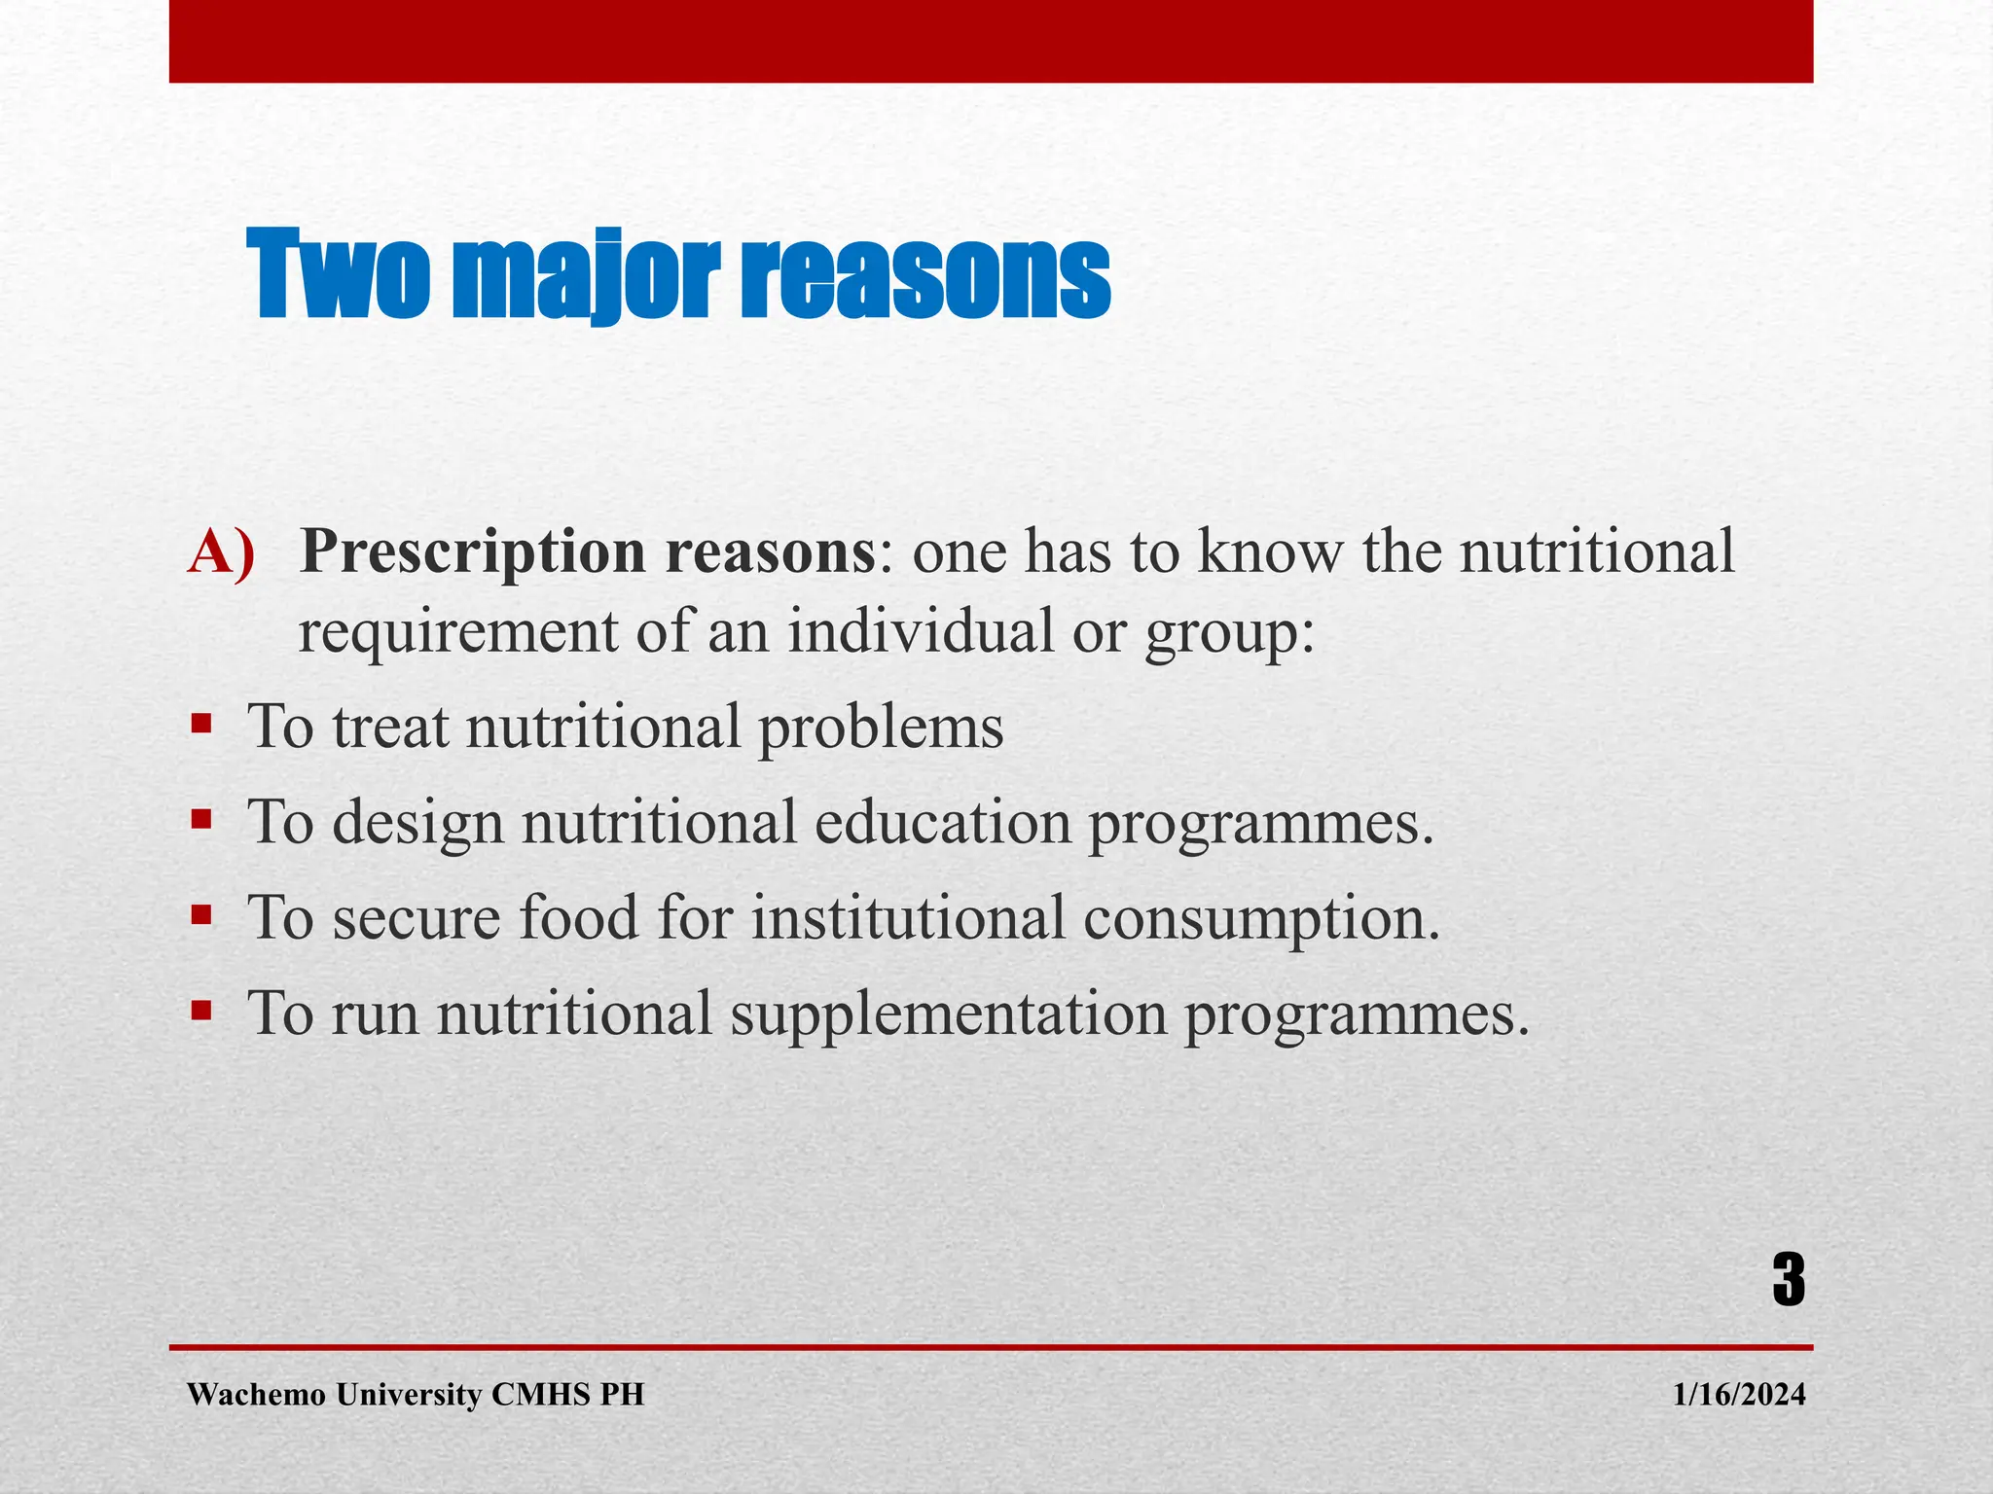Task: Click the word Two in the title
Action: (338, 275)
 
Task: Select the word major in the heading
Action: (585, 275)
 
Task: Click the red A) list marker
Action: (222, 552)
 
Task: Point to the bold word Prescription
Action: (475, 552)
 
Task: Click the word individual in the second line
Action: (921, 630)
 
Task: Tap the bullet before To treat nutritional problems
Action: (201, 724)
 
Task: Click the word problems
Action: (880, 728)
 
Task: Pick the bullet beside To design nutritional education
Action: (201, 819)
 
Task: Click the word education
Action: (942, 822)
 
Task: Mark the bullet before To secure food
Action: (201, 914)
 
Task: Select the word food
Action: (578, 917)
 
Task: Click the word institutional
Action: (908, 917)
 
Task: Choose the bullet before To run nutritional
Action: (201, 1011)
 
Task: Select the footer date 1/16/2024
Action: (1739, 1395)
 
